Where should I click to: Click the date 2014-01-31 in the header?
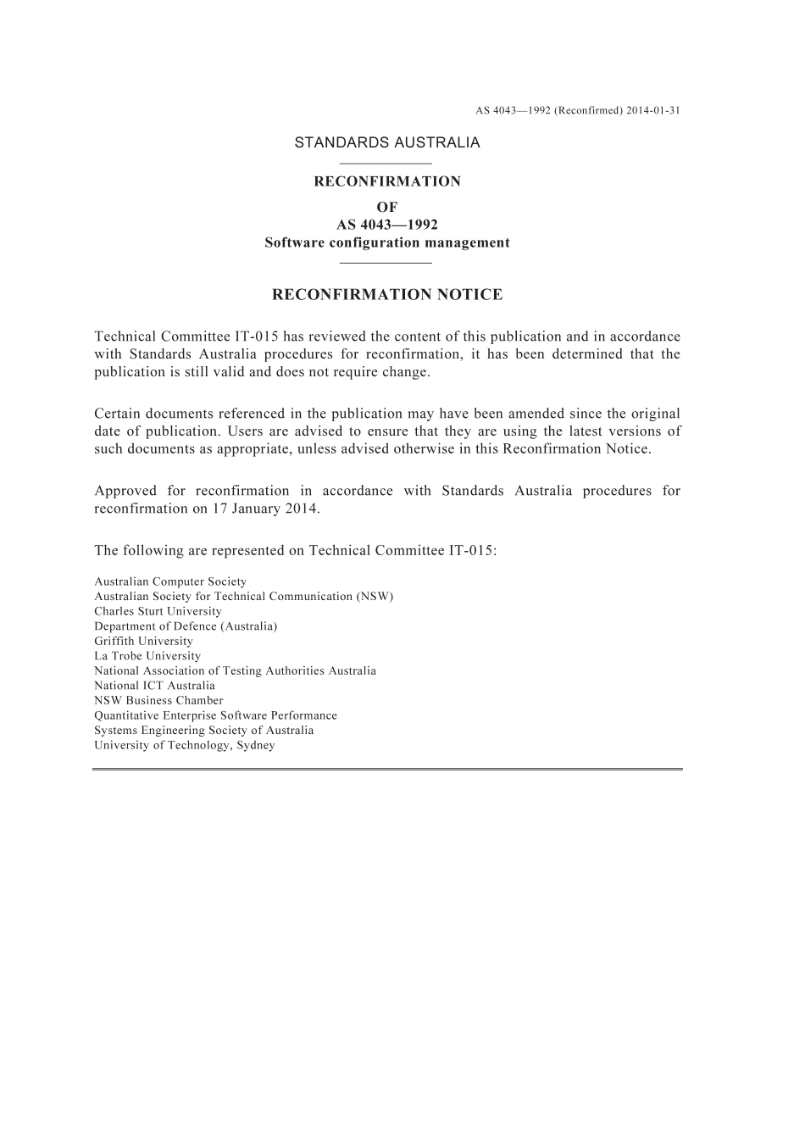[653, 110]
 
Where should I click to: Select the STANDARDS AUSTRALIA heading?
[387, 142]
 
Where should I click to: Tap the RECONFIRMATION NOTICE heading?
[387, 295]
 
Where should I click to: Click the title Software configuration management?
[387, 243]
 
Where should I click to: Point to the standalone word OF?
[387, 207]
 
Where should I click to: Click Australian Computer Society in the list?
[170, 582]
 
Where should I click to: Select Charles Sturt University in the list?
[158, 612]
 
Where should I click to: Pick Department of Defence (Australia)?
[186, 626]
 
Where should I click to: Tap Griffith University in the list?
[143, 642]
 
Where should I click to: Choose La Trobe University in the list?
[147, 656]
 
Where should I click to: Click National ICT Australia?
[154, 686]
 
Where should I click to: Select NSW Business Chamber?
[158, 701]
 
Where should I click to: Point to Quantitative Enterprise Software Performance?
[215, 715]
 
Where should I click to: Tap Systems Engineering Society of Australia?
[203, 731]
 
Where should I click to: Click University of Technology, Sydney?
[185, 746]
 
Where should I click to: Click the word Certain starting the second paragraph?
[117, 414]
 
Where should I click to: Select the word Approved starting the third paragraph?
[125, 491]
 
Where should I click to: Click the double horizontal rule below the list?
[387, 770]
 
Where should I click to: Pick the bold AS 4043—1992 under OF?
[387, 225]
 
